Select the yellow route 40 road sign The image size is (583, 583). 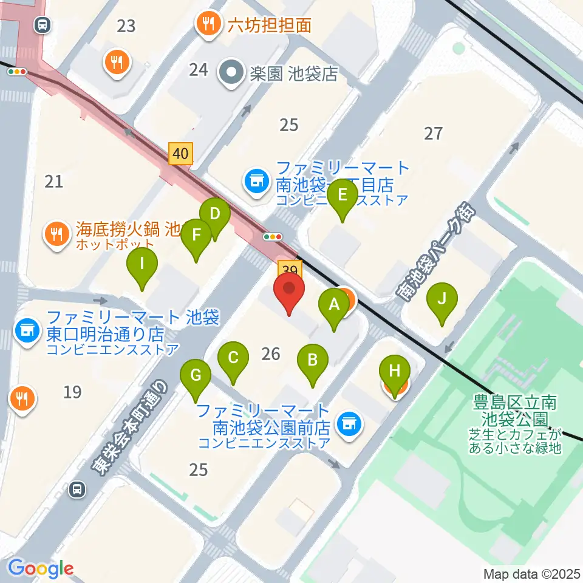[x=180, y=154]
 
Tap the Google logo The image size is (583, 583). [x=41, y=568]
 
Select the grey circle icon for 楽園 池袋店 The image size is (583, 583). [x=231, y=73]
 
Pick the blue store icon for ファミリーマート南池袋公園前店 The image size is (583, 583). [x=348, y=424]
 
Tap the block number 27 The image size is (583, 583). [x=433, y=133]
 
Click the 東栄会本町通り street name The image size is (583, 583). [x=129, y=426]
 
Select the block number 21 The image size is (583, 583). [x=54, y=180]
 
